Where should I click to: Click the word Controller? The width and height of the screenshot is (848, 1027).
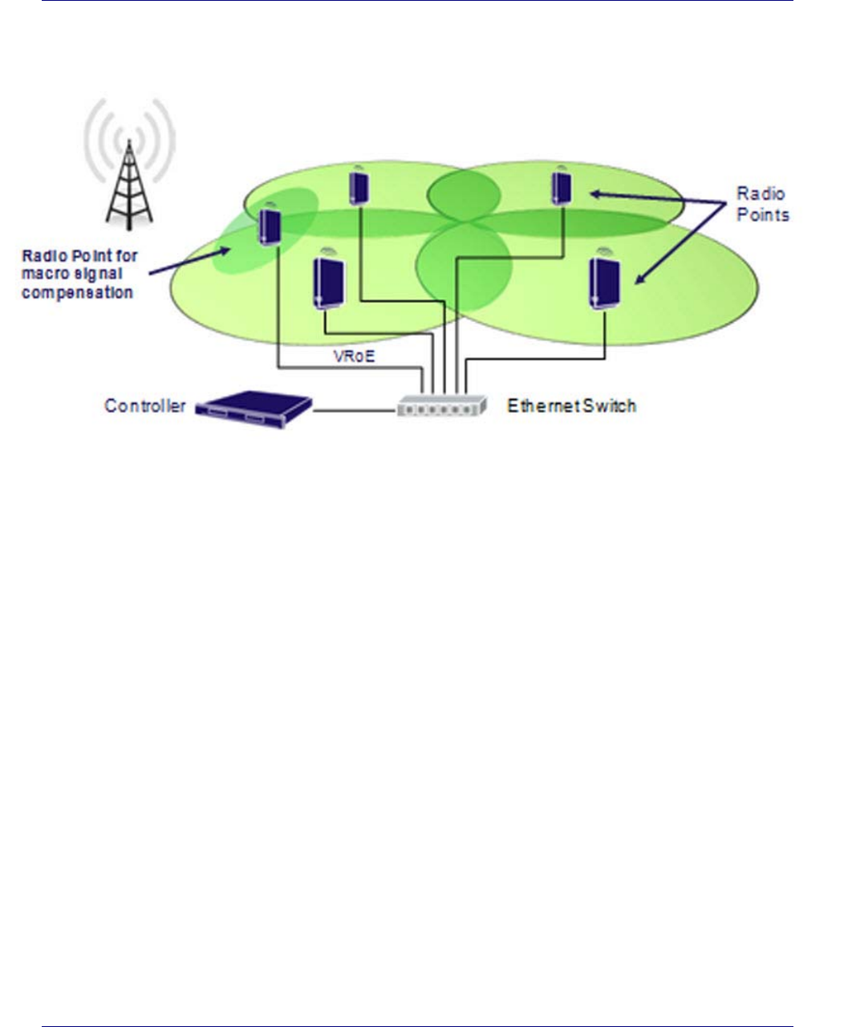145,406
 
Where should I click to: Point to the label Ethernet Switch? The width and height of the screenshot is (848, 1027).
571,406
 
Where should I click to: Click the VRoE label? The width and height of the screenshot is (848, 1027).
354,356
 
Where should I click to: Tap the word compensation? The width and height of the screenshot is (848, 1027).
77,293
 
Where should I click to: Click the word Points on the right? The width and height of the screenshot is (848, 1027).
763,214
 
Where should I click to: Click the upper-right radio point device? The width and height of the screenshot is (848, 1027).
562,186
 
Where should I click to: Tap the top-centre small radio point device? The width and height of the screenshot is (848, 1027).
359,187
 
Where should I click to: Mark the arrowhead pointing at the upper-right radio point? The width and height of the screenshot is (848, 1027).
594,193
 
